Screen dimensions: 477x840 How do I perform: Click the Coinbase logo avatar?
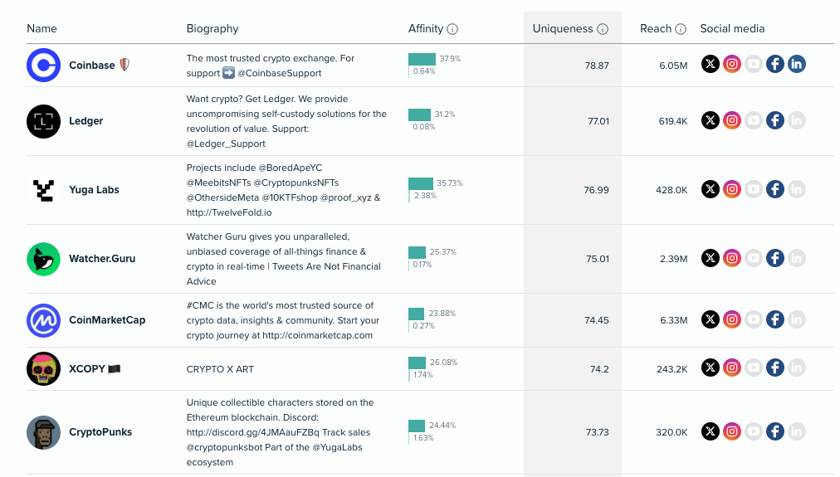43,66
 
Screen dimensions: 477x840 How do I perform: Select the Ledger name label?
86,121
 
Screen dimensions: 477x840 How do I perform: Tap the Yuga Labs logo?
43,190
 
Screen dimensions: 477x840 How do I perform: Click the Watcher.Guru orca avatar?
43,259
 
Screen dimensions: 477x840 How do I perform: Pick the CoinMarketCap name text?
107,320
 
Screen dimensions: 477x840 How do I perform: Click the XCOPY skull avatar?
43,368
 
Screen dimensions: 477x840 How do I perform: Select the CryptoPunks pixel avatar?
43,432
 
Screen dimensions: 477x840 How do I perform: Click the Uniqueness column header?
563,29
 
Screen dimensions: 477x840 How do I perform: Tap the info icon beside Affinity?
452,29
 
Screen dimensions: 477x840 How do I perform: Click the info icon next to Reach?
681,29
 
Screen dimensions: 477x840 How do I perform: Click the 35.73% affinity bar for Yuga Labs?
421,183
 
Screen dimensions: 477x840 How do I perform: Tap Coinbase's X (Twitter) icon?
710,65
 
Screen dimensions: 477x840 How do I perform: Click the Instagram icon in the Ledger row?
731,121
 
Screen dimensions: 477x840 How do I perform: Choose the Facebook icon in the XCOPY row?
775,368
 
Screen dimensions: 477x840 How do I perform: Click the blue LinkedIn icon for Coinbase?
797,65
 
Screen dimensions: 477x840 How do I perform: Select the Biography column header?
212,29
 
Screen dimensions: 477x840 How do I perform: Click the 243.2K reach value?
672,369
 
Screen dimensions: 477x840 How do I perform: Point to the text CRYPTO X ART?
220,369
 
